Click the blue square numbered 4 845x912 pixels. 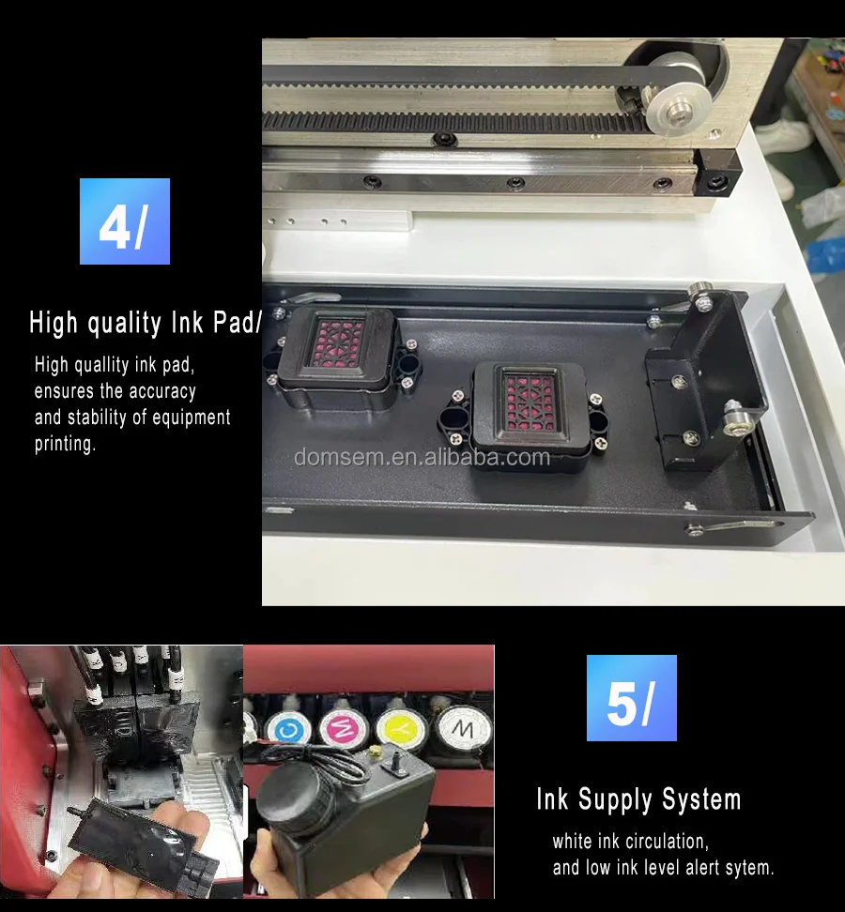(125, 221)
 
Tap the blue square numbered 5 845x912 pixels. (631, 698)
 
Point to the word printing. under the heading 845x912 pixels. (66, 444)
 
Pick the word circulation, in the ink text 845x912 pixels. (665, 842)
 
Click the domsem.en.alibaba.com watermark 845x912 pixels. (422, 457)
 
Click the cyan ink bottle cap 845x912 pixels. (283, 726)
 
